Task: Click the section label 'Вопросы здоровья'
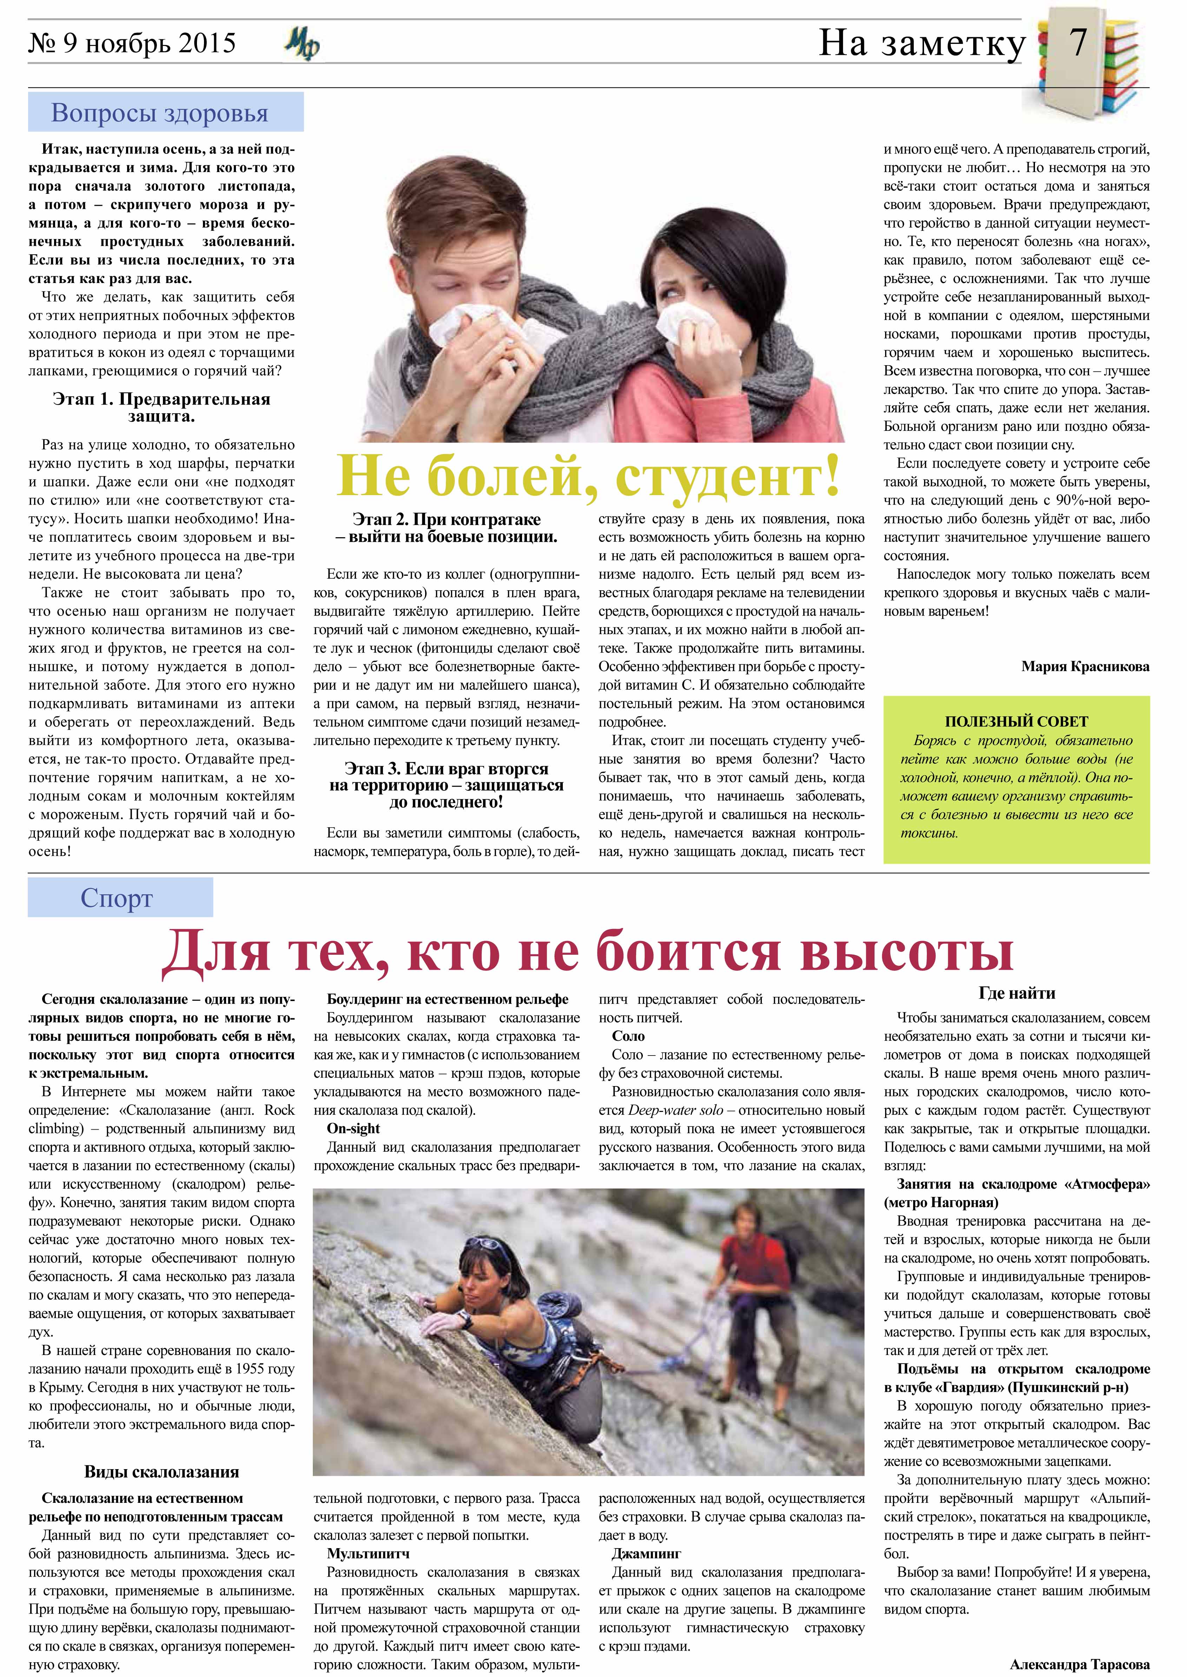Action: click(x=159, y=113)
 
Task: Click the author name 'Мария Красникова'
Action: click(x=1085, y=667)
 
